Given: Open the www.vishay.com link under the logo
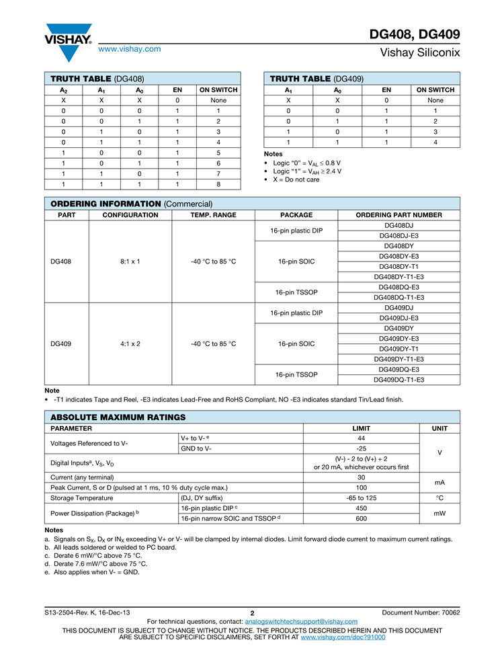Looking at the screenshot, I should pyautogui.click(x=130, y=48).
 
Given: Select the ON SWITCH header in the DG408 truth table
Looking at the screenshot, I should pyautogui.click(x=218, y=89).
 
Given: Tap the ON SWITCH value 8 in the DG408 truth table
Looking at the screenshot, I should pyautogui.click(x=218, y=184).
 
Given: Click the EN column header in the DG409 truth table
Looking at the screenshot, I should pyautogui.click(x=386, y=89).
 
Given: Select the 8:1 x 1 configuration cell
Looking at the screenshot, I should pyautogui.click(x=130, y=261).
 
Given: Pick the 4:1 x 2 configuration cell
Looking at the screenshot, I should pyautogui.click(x=130, y=343).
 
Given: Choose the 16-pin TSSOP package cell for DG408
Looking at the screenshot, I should pyautogui.click(x=296, y=292).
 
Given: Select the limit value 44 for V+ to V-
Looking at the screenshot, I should pyautogui.click(x=361, y=438).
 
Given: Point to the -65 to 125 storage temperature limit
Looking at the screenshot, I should pyautogui.click(x=361, y=498).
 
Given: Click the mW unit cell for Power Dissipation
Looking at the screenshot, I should pyautogui.click(x=439, y=514).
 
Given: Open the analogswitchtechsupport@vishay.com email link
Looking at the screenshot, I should pyautogui.click(x=301, y=622).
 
